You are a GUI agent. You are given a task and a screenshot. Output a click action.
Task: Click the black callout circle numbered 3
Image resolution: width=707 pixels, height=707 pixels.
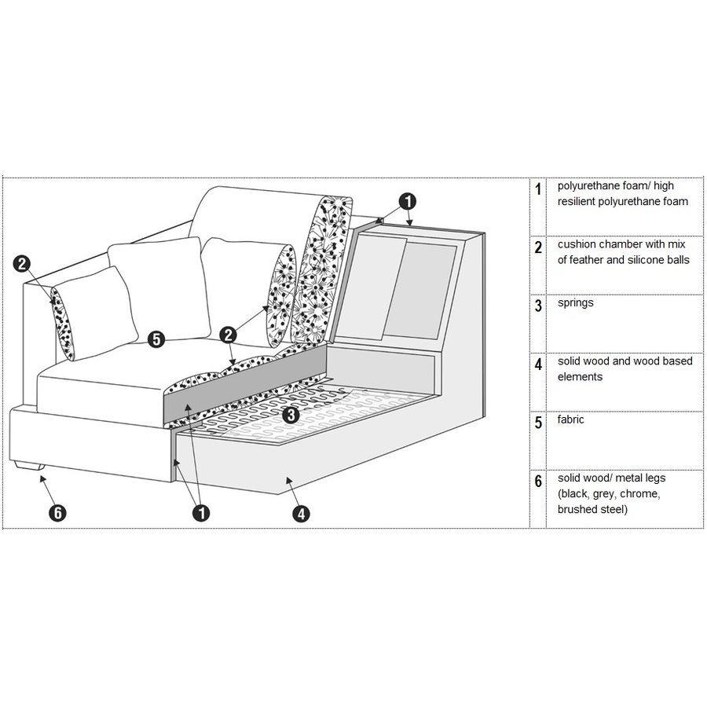tap(290, 414)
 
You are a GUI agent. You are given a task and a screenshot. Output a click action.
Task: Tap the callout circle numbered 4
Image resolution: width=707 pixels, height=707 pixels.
tap(300, 514)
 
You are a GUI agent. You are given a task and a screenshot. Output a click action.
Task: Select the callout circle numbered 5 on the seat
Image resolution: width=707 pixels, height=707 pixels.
tap(156, 339)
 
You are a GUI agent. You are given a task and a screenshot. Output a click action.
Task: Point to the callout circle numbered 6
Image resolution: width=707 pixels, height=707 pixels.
tap(57, 514)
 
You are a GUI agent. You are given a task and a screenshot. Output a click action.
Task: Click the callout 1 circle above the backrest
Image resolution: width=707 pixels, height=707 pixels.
tap(408, 201)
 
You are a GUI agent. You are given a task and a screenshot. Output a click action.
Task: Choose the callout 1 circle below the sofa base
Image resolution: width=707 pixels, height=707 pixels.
tap(202, 514)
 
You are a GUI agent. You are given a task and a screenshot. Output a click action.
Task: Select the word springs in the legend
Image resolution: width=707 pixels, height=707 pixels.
tap(575, 302)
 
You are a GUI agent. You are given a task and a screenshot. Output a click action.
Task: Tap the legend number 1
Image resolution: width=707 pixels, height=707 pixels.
tap(538, 190)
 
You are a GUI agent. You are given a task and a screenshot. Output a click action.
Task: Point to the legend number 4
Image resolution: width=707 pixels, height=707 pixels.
tap(538, 364)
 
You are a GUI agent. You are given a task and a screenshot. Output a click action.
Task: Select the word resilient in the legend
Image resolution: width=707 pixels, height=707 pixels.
tap(580, 202)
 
